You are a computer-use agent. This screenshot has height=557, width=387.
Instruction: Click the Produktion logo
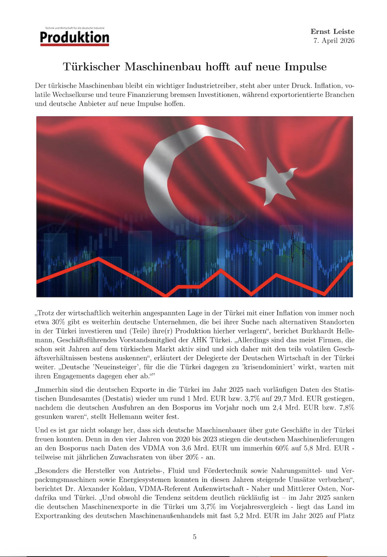pyautogui.click(x=75, y=37)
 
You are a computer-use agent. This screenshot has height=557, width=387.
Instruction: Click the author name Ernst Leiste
pyautogui.click(x=332, y=32)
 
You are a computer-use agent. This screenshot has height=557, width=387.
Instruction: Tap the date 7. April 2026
pyautogui.click(x=333, y=41)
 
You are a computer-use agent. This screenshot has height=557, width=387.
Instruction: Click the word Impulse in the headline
pyautogui.click(x=305, y=67)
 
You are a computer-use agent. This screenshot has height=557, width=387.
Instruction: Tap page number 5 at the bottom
pyautogui.click(x=194, y=537)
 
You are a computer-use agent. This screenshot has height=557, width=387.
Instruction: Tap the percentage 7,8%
pyautogui.click(x=346, y=408)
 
